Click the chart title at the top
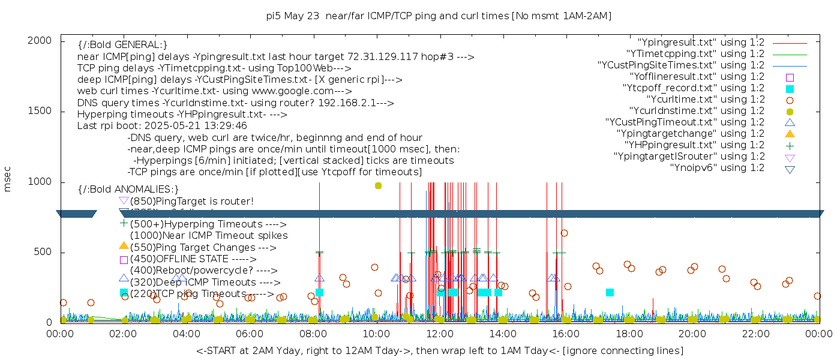(x=439, y=16)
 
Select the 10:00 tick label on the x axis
(x=376, y=334)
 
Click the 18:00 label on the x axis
(x=628, y=334)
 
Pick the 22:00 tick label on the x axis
(x=755, y=334)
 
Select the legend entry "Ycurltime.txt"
(x=705, y=100)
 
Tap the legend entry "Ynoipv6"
(x=717, y=168)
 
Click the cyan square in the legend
(x=790, y=89)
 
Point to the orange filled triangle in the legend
(x=790, y=134)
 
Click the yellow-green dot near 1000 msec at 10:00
(x=378, y=185)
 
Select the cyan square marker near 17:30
(x=610, y=292)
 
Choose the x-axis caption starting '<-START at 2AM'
(x=439, y=350)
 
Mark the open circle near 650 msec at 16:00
(x=564, y=233)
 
